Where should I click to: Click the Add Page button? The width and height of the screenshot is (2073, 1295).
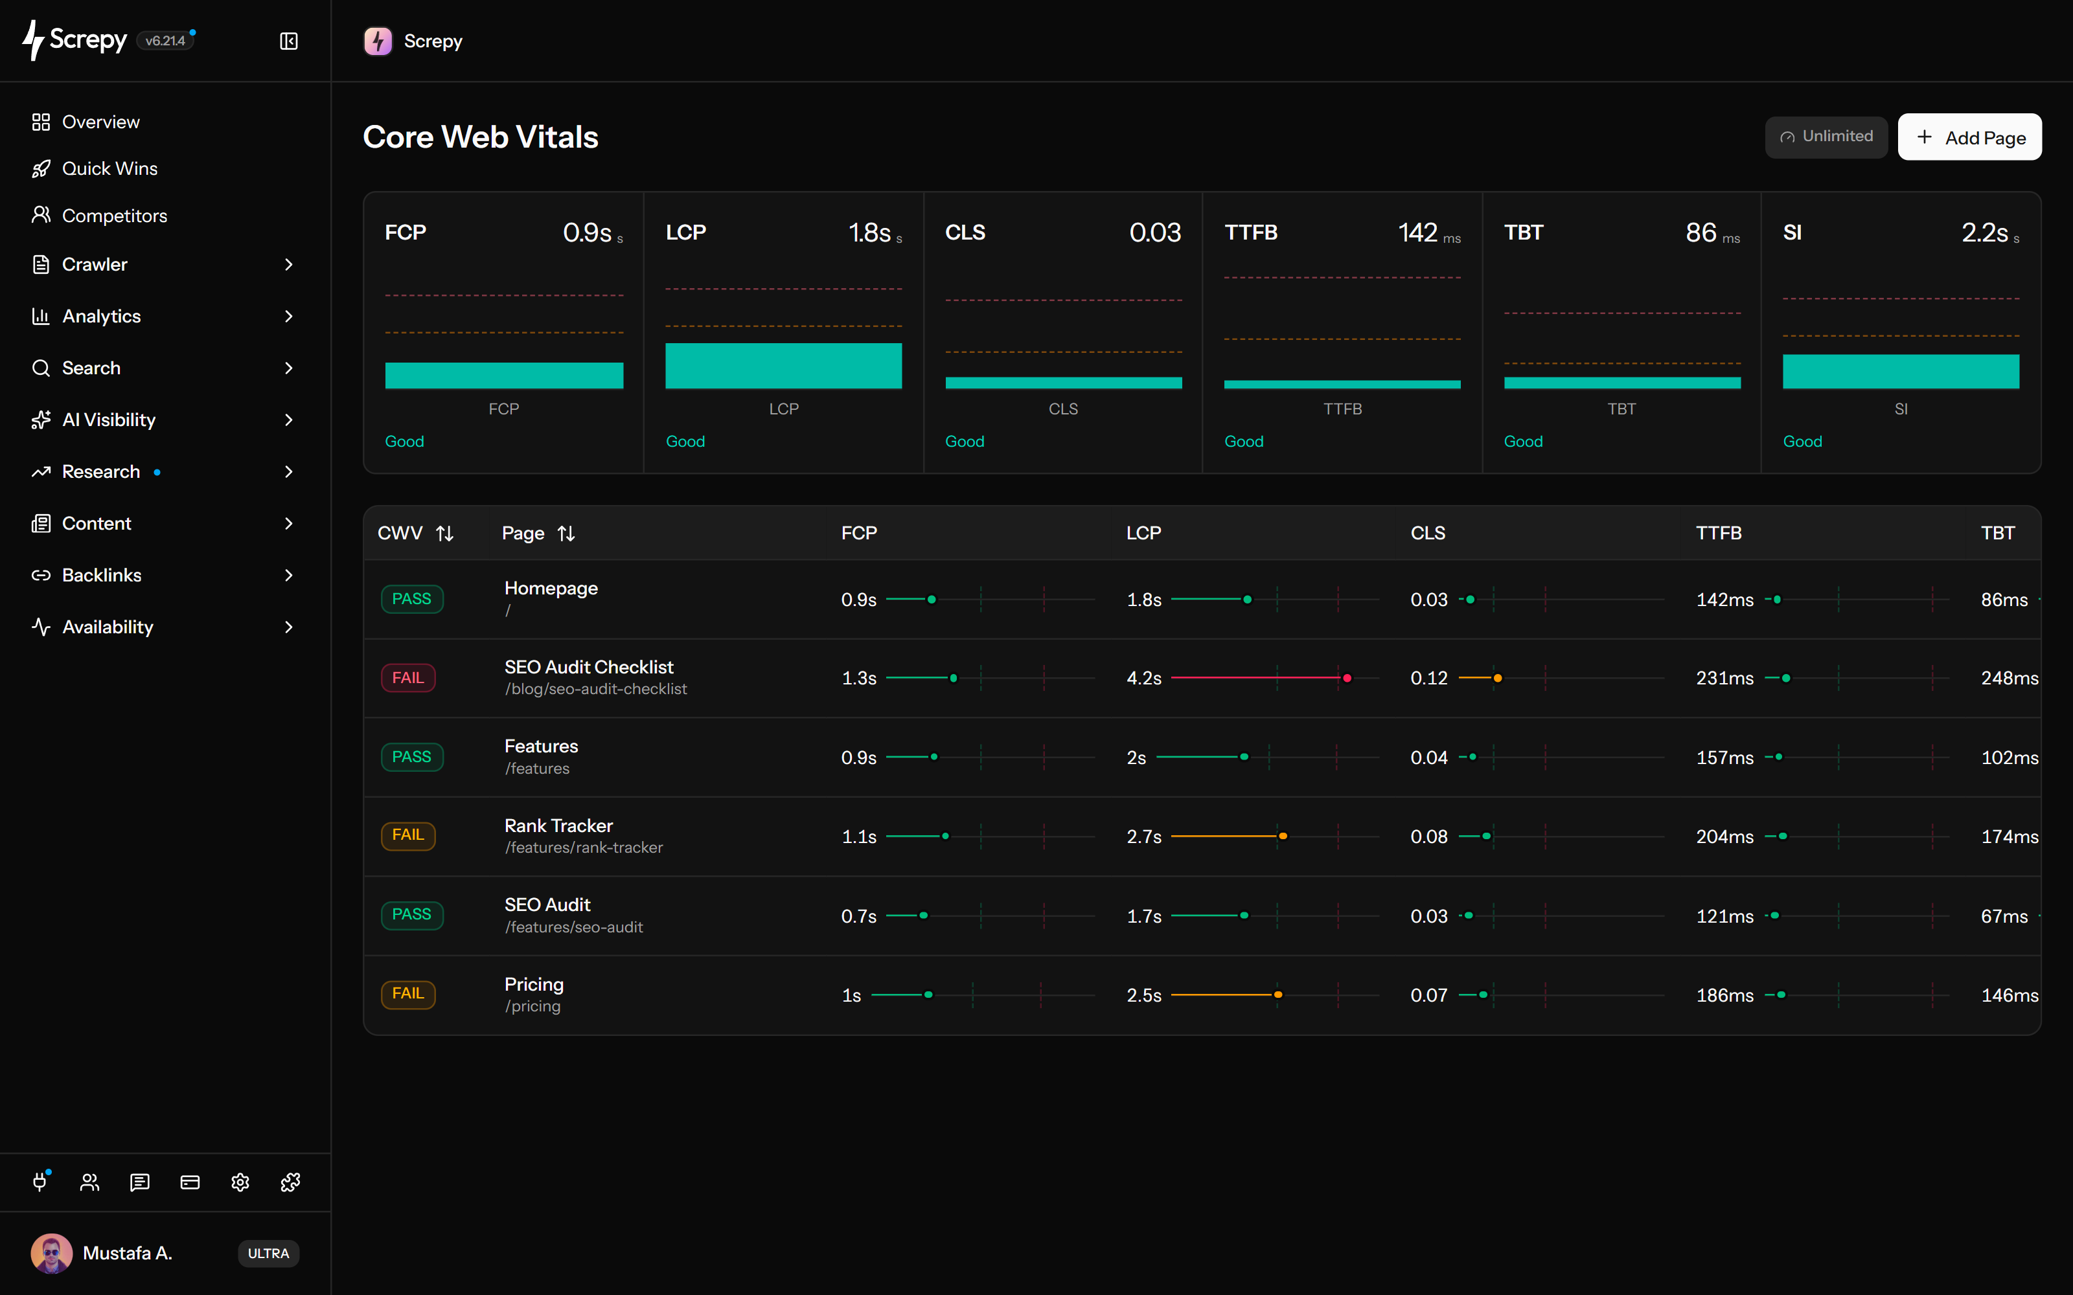tap(1969, 137)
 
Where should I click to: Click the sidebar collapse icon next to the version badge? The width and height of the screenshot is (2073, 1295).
tap(289, 41)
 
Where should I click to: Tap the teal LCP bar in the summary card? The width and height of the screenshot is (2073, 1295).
tap(783, 366)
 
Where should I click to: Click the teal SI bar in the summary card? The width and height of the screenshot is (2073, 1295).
tap(1901, 372)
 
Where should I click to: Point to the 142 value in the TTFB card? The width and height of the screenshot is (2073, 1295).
tap(1417, 233)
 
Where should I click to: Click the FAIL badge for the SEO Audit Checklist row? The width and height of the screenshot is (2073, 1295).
tap(407, 677)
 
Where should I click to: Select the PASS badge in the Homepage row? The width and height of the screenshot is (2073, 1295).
tap(412, 599)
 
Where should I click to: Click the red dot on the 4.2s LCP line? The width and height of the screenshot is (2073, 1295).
tap(1347, 679)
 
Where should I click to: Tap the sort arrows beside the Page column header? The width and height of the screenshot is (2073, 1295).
tap(566, 534)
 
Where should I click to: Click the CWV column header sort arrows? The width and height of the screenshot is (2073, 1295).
tap(444, 534)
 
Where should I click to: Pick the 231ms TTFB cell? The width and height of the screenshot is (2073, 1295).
tap(1724, 679)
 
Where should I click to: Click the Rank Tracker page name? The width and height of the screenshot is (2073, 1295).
tap(558, 826)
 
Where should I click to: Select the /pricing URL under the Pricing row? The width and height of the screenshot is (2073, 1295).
tap(533, 1006)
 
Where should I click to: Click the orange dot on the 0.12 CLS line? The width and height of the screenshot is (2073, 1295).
tap(1497, 679)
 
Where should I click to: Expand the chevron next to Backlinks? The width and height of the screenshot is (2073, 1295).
tap(289, 576)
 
